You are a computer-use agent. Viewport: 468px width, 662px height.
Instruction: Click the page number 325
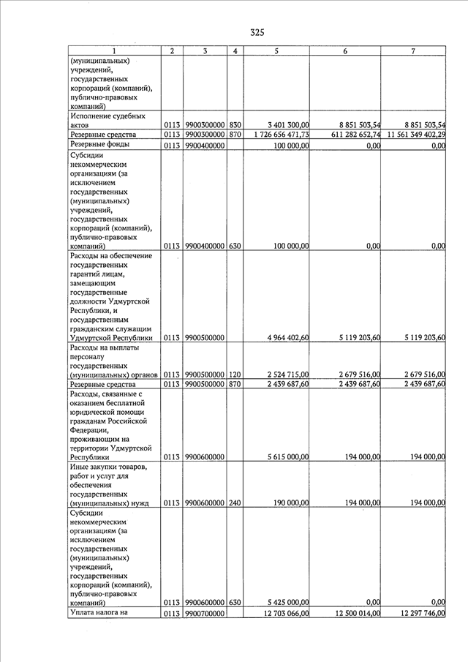(257, 32)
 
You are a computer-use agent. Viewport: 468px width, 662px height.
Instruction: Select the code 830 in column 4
(235, 126)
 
